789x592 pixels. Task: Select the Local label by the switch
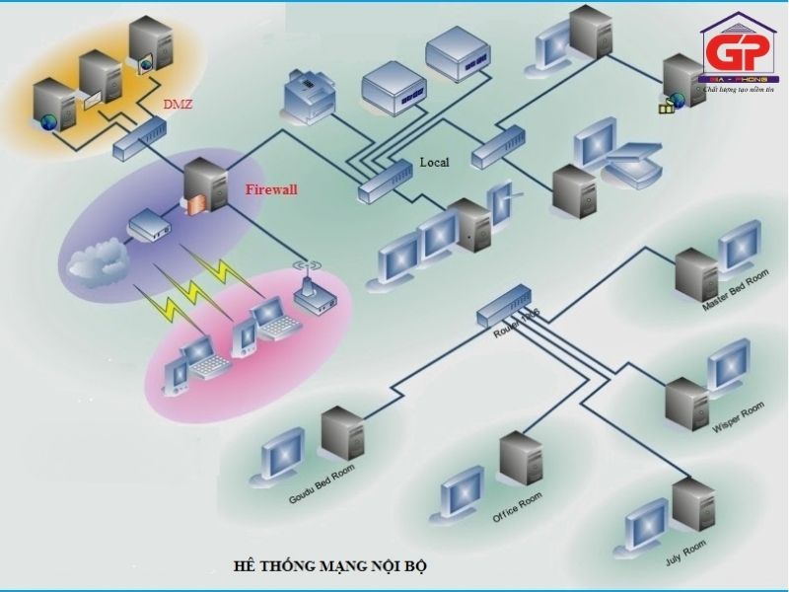click(x=434, y=163)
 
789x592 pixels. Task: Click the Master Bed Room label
click(x=735, y=291)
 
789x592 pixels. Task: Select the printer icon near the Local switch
click(x=308, y=98)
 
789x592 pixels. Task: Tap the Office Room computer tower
click(x=520, y=460)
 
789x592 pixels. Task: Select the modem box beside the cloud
click(x=149, y=225)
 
